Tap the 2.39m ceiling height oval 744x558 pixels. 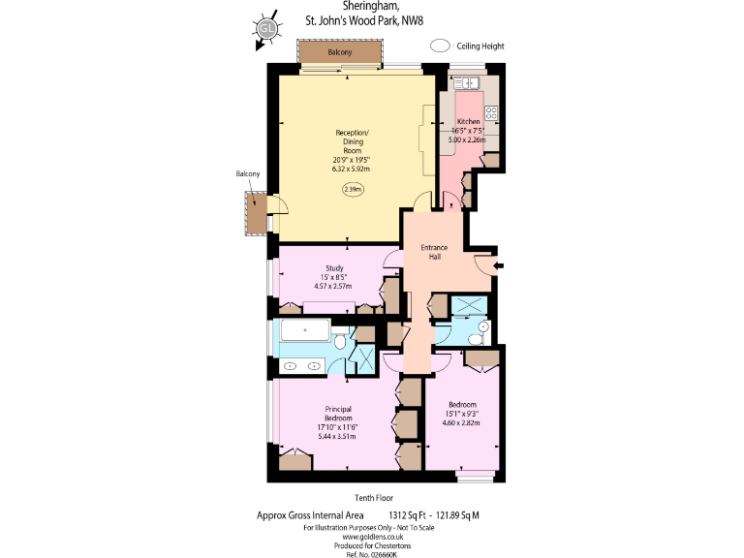353,190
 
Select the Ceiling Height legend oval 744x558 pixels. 441,46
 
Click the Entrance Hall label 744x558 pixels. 434,252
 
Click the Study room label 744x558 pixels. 335,267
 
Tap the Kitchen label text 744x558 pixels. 468,121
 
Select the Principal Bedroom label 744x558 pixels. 344,413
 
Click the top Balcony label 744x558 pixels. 340,52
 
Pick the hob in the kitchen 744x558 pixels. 491,113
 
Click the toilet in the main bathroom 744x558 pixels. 340,343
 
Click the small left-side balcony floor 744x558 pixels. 256,214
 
